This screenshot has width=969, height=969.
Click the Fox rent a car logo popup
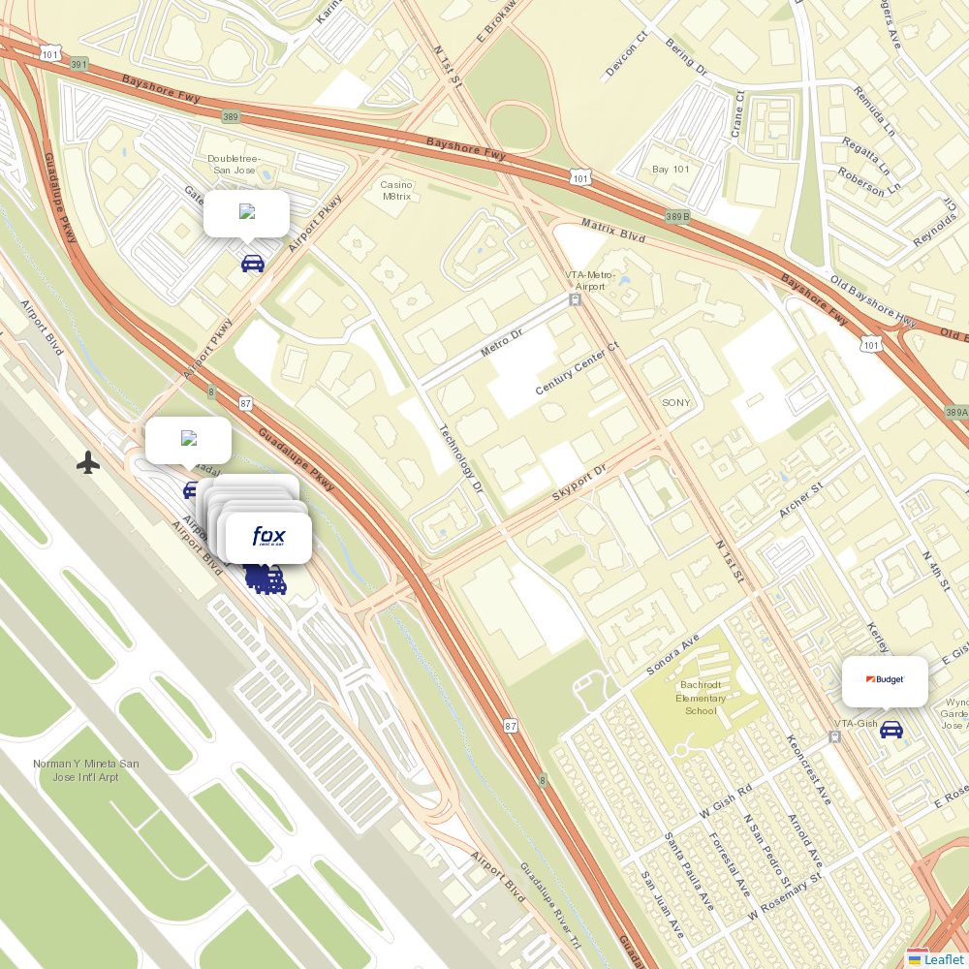click(268, 538)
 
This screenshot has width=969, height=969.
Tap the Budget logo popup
click(885, 680)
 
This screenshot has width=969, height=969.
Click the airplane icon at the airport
click(88, 462)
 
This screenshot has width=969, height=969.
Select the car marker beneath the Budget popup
click(891, 730)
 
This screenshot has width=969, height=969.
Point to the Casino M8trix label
click(395, 190)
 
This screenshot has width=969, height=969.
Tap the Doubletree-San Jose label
click(234, 164)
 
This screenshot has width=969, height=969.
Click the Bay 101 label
click(671, 170)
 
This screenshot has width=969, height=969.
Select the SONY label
click(676, 402)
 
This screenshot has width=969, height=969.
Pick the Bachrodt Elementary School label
click(701, 698)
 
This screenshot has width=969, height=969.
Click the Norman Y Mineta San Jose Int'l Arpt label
click(85, 770)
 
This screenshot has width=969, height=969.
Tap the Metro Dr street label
click(501, 342)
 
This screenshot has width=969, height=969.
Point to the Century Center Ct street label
click(577, 368)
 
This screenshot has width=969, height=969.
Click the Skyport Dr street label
click(578, 482)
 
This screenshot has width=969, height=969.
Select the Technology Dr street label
click(460, 458)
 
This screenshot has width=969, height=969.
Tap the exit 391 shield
click(79, 64)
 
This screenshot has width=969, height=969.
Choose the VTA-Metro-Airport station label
click(590, 280)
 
